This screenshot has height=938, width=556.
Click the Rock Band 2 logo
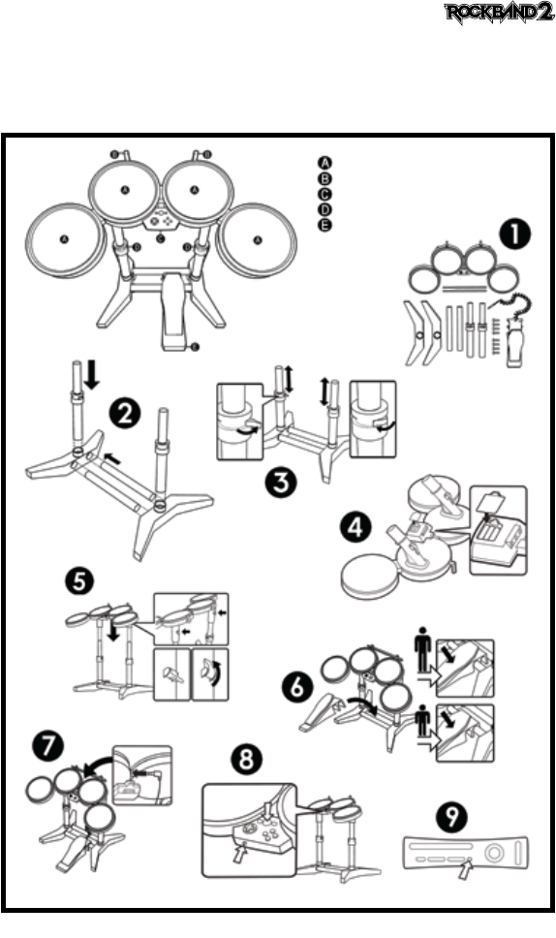point(499,14)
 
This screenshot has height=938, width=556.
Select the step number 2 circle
point(125,414)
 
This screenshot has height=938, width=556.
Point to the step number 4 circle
point(355,528)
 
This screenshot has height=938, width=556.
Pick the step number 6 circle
point(297,688)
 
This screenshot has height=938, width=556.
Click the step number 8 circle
point(246,760)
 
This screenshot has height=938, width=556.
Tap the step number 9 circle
point(452,817)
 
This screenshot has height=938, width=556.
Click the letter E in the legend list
point(324,226)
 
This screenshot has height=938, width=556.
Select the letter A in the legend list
point(324,163)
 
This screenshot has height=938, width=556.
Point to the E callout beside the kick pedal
point(196,347)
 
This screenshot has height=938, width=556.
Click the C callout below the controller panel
point(160,238)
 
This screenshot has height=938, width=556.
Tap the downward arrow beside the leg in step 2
point(92,374)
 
